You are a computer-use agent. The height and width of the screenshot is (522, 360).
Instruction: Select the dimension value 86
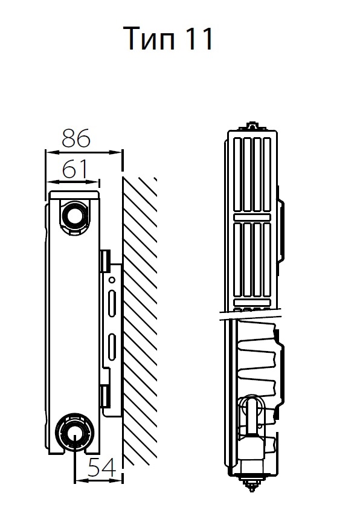pyautogui.click(x=76, y=138)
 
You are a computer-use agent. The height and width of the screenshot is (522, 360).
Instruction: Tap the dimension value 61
pyautogui.click(x=74, y=169)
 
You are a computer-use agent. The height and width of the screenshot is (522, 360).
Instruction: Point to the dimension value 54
pyautogui.click(x=102, y=467)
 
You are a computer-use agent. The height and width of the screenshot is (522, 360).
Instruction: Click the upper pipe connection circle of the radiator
pyautogui.click(x=75, y=216)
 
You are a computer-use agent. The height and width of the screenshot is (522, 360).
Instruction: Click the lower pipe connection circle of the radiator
pyautogui.click(x=73, y=432)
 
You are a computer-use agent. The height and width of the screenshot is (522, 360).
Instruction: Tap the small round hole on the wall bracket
pyautogui.click(x=112, y=280)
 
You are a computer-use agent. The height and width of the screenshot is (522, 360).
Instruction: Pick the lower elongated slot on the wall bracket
pyautogui.click(x=112, y=347)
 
